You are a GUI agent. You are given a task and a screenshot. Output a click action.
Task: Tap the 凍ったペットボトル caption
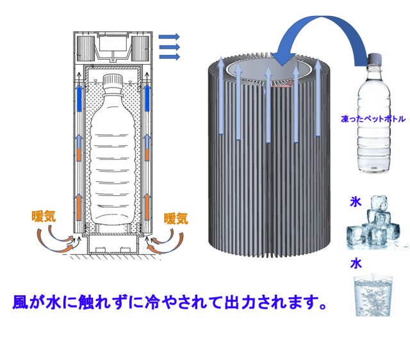tap(373, 119)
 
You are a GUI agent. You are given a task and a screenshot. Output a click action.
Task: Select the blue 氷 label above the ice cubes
tap(356, 202)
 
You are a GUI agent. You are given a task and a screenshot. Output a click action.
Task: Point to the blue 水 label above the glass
tap(356, 263)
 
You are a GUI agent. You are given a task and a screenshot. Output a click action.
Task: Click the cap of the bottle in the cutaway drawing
tap(113, 81)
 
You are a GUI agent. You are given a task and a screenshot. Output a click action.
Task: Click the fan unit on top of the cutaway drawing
tap(113, 47)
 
